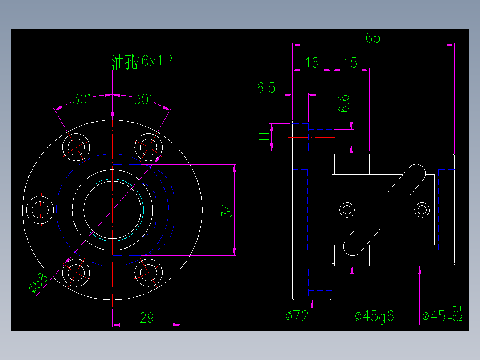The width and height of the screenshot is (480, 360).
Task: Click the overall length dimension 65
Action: click(373, 38)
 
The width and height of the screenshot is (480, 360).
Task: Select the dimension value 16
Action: click(312, 63)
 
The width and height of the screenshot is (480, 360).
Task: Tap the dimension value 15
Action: click(351, 63)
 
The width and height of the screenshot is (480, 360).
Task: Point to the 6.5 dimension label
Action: click(266, 88)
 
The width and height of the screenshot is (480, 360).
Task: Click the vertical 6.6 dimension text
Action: click(344, 104)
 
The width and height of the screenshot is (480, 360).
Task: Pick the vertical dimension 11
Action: click(264, 137)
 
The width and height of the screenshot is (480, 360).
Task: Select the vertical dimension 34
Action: click(227, 209)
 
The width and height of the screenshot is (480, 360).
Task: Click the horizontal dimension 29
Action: click(147, 318)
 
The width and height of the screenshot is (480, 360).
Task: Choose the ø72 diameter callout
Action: click(297, 316)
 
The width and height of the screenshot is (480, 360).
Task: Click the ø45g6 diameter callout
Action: click(374, 316)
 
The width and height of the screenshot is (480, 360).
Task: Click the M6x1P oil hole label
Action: click(142, 61)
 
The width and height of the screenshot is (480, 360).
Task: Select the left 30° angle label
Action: click(82, 100)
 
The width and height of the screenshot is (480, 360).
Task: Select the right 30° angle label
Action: click(143, 100)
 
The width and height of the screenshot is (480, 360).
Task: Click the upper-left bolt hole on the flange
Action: click(77, 146)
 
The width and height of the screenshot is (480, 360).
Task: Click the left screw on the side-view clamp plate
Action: click(347, 209)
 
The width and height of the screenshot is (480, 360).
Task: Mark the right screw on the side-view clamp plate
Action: click(422, 209)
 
